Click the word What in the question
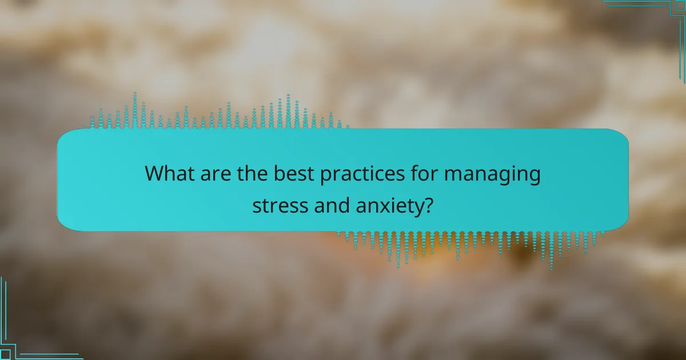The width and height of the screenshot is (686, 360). click(x=169, y=173)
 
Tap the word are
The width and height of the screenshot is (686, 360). click(x=216, y=175)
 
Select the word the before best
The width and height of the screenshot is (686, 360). click(x=252, y=173)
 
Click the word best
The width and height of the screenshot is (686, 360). click(x=294, y=173)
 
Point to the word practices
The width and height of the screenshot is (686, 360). click(x=362, y=175)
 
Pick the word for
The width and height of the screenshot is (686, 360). click(x=424, y=173)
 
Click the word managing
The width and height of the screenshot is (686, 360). click(x=492, y=175)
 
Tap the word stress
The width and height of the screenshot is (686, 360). click(x=280, y=205)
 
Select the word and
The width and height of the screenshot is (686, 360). click(x=332, y=205)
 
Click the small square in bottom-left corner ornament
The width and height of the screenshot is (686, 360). click(x=5, y=354)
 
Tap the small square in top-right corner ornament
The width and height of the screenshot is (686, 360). click(x=681, y=5)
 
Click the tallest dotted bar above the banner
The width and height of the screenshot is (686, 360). click(x=135, y=110)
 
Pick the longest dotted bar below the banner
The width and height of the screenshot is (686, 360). click(x=552, y=251)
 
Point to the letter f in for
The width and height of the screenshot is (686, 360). click(x=415, y=173)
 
